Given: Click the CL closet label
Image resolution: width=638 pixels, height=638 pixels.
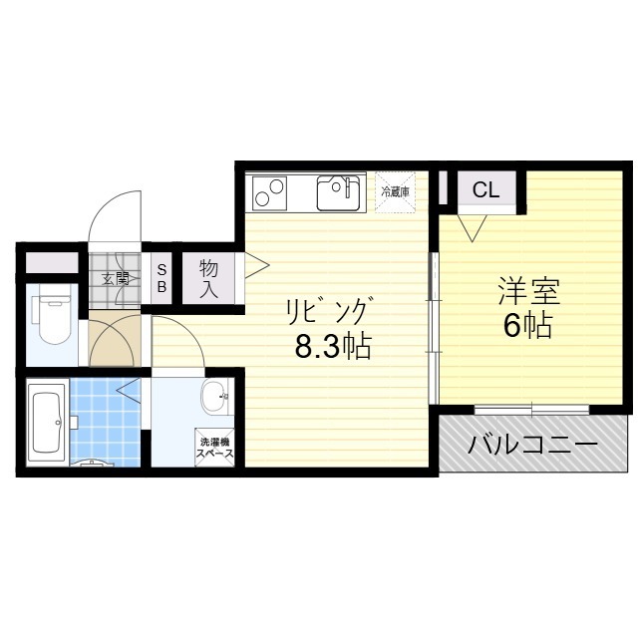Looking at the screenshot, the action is pos(485,190).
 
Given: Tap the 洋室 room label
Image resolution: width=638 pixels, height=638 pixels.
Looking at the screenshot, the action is pos(529,291).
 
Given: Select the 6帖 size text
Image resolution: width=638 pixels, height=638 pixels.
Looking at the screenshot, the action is pos(527,325).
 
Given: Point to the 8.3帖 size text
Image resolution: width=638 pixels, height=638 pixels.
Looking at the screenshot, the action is pos(333,346).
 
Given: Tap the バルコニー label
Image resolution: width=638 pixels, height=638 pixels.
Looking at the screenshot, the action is pos(532,444).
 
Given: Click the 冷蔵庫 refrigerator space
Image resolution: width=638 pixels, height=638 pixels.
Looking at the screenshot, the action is pos(395,191).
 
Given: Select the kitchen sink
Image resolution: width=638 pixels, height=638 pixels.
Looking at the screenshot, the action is pos(338,192).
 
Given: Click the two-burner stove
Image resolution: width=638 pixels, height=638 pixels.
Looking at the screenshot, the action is pos(269,192).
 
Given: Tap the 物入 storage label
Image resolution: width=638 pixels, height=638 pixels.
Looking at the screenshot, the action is pos(208,279).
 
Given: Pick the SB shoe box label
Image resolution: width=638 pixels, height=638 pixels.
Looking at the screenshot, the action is pos(161,278).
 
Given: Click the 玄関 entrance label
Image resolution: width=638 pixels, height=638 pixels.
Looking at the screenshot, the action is pos(116,279).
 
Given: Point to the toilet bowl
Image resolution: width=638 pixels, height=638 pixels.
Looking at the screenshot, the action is pos(54,313).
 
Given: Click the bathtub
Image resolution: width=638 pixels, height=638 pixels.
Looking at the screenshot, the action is pos(47,422).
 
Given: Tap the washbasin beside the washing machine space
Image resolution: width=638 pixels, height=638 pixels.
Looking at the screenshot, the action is pos(215,396).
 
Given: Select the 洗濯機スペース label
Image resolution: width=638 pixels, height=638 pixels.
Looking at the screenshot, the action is pos(215,448).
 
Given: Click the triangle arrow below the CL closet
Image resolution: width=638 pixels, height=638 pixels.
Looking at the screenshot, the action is pos(472,227).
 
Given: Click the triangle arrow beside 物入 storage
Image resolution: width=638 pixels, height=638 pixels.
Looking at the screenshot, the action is pos(256,266).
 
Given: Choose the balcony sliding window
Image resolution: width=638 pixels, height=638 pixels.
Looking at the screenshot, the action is pos(531,409).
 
